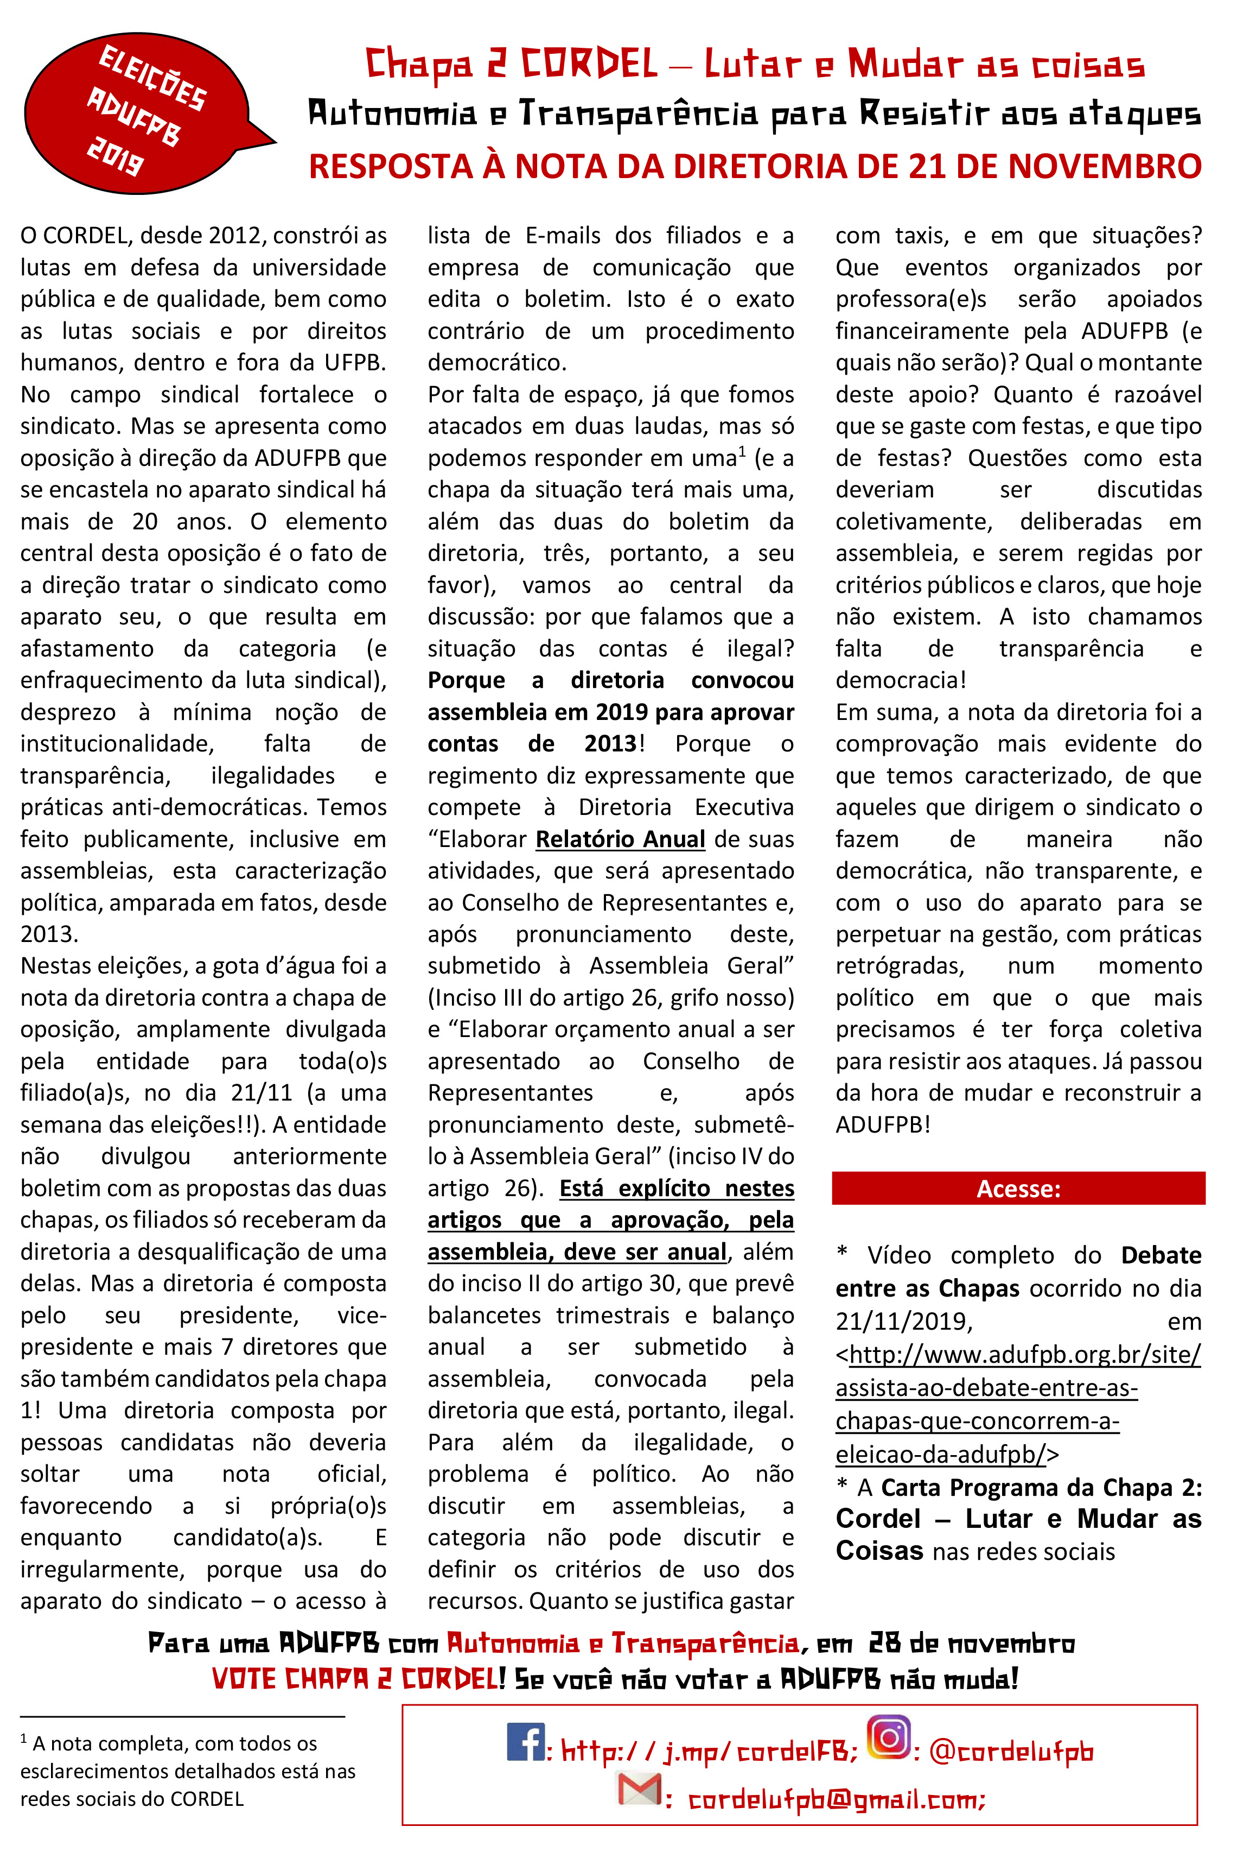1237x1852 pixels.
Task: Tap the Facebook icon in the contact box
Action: pyautogui.click(x=525, y=1741)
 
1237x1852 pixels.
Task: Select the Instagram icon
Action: pyautogui.click(x=889, y=1737)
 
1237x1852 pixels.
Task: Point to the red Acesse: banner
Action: pyautogui.click(x=1018, y=1188)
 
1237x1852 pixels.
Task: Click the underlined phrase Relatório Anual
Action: pyautogui.click(x=620, y=839)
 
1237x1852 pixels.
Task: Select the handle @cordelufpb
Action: pyautogui.click(x=1011, y=1751)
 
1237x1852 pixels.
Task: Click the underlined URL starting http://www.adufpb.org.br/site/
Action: pyautogui.click(x=1018, y=1404)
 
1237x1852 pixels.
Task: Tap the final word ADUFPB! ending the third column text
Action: pyautogui.click(x=883, y=1124)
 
